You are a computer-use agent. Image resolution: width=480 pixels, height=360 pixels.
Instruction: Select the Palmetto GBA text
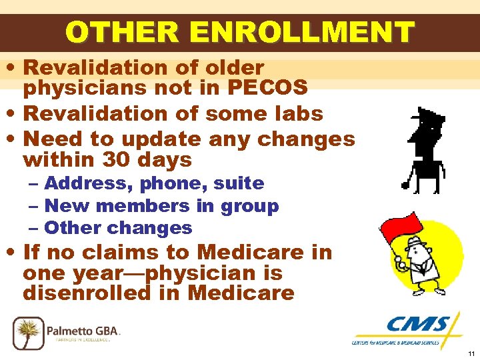[83, 330]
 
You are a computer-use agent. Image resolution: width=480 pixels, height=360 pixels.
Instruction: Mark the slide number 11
[471, 353]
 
